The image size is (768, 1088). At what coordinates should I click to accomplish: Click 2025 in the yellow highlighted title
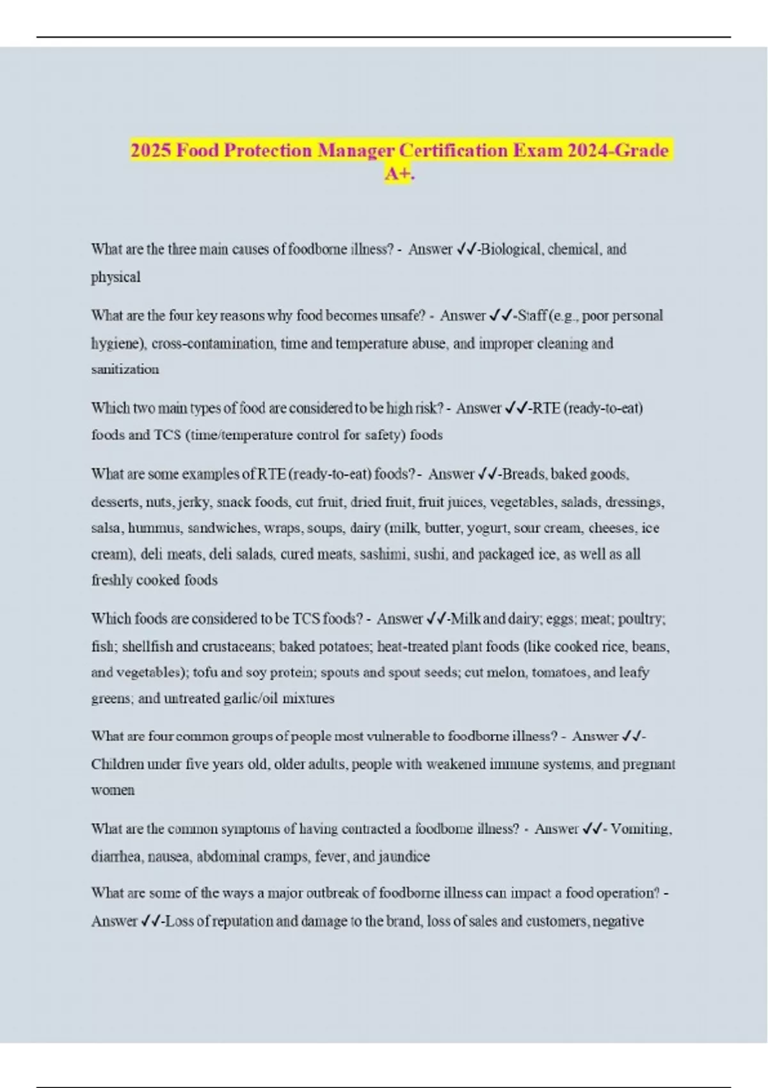[151, 151]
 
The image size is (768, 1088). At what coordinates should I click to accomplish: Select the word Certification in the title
[451, 151]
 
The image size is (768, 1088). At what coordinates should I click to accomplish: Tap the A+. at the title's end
[399, 173]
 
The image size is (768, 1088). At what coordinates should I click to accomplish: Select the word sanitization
[125, 369]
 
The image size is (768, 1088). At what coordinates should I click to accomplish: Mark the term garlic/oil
[250, 698]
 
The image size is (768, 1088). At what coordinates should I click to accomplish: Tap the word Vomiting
[641, 829]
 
